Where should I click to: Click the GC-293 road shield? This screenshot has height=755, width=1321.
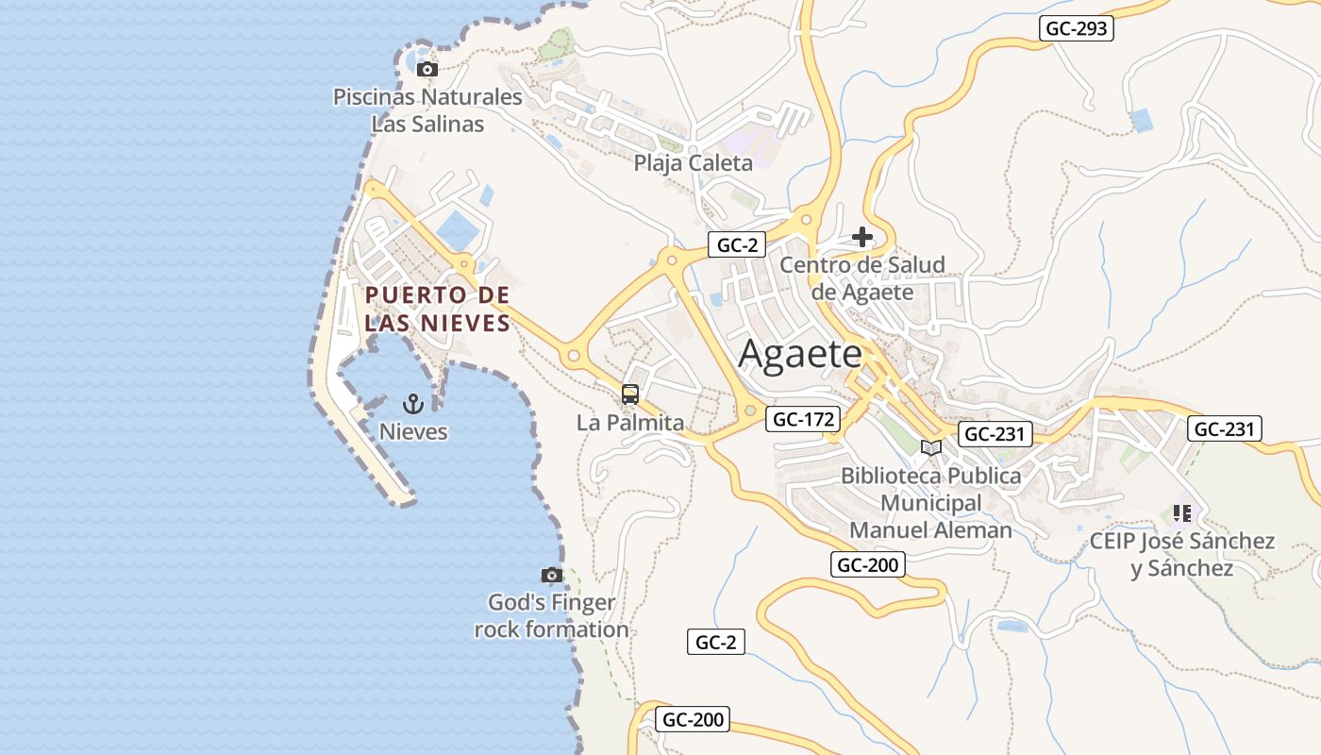pyautogui.click(x=1078, y=28)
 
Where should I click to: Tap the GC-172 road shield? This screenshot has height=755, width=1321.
pyautogui.click(x=802, y=419)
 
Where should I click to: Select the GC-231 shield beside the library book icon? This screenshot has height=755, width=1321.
pyautogui.click(x=995, y=434)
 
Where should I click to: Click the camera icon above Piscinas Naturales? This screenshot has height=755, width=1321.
pyautogui.click(x=426, y=69)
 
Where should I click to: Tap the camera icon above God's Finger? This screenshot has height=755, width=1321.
pyautogui.click(x=552, y=575)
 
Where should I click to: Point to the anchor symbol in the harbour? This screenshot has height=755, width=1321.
pyautogui.click(x=412, y=404)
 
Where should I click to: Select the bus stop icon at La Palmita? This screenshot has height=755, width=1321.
pyautogui.click(x=630, y=394)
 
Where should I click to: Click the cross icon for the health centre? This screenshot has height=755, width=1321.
pyautogui.click(x=861, y=237)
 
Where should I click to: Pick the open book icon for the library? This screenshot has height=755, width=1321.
pyautogui.click(x=931, y=447)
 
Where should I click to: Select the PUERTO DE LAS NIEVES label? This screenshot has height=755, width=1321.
pyautogui.click(x=438, y=309)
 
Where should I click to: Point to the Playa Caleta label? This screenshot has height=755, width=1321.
pyautogui.click(x=694, y=163)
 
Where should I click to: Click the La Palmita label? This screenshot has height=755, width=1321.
pyautogui.click(x=630, y=423)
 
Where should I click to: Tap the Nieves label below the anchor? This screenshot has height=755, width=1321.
pyautogui.click(x=413, y=432)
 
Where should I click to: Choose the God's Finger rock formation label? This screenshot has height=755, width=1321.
pyautogui.click(x=552, y=615)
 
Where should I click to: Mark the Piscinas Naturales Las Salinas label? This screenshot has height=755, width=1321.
pyautogui.click(x=427, y=110)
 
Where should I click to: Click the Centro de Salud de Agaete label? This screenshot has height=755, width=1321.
pyautogui.click(x=862, y=278)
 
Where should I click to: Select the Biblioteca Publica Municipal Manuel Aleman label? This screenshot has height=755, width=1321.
pyautogui.click(x=931, y=503)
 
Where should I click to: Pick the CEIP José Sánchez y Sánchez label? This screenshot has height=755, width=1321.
pyautogui.click(x=1182, y=555)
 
